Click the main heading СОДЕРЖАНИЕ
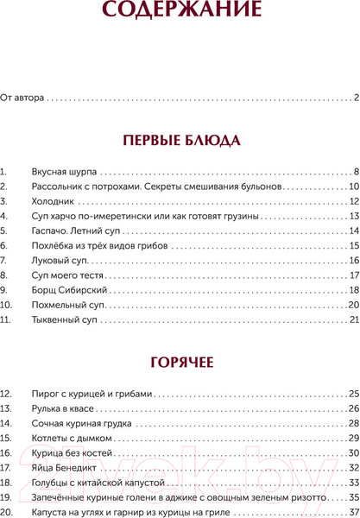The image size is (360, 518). click(180, 11)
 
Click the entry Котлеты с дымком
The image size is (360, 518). click(72, 414)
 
